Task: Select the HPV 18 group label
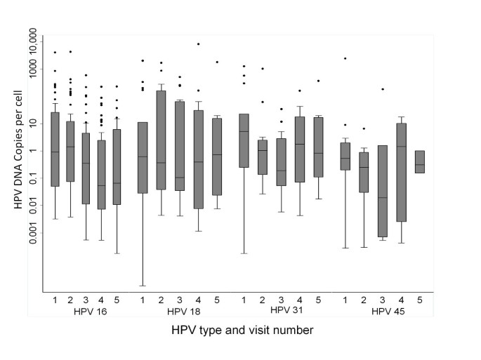184,310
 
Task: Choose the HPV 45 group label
388,310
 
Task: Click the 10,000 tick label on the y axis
32,47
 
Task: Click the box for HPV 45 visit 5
420,161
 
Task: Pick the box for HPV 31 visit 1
244,140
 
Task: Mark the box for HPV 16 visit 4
102,175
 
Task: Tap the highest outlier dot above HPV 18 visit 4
199,44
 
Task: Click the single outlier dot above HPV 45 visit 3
383,89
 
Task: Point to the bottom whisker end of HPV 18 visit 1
143,286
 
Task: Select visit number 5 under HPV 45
420,300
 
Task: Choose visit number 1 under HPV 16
55,300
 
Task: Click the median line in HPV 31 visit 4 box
300,144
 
